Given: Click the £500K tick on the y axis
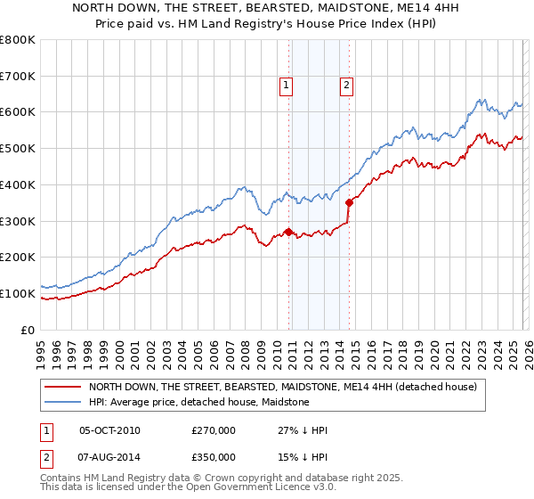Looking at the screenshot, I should (x=18, y=148).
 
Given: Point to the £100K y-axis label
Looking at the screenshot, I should (x=18, y=293).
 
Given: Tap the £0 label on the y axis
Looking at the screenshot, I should (x=28, y=330).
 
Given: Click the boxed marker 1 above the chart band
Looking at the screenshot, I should (x=287, y=86).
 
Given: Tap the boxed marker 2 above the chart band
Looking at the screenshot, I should (x=346, y=86).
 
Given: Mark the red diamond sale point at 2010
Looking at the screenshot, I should (x=288, y=232).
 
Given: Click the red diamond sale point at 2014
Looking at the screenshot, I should (x=349, y=203).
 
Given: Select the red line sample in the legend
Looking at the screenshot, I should (x=63, y=388).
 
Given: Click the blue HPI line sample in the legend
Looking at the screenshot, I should (x=63, y=403).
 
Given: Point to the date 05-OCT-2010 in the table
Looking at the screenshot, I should (x=109, y=431).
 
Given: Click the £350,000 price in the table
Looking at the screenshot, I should (x=214, y=456).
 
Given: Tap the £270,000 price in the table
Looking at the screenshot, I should (x=214, y=431).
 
